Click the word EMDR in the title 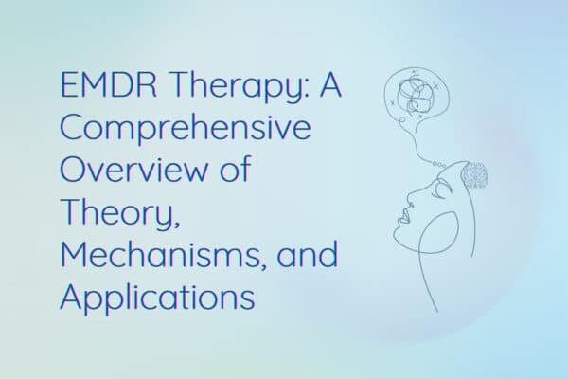click(x=109, y=85)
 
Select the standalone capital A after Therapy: click(x=330, y=85)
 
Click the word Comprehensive click(x=186, y=129)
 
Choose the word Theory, click(x=120, y=213)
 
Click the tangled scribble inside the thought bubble click(x=415, y=96)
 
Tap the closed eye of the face click(x=443, y=190)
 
